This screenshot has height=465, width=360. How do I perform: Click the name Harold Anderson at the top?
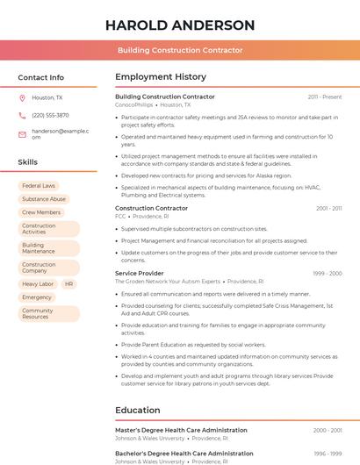click(x=180, y=25)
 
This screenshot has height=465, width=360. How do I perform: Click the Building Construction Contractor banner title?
click(x=180, y=51)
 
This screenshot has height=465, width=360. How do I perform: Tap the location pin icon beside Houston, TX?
click(x=22, y=98)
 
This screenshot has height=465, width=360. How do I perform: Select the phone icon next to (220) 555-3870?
click(x=22, y=116)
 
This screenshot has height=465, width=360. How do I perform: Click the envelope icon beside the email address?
click(x=22, y=134)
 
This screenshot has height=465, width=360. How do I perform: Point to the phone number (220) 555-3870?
click(x=50, y=116)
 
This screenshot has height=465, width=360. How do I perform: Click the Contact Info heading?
click(x=41, y=77)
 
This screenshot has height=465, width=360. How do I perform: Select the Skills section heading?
click(x=28, y=162)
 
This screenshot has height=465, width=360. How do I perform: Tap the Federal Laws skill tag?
click(x=39, y=186)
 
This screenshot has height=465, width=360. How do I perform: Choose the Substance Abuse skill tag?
click(x=44, y=199)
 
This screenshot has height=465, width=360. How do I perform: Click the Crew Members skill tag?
click(x=41, y=212)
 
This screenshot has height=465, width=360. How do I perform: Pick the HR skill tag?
click(x=69, y=284)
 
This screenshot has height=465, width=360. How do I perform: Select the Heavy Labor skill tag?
click(x=38, y=284)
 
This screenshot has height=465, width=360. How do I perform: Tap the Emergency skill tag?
click(x=37, y=297)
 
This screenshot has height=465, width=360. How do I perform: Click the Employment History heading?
click(x=161, y=77)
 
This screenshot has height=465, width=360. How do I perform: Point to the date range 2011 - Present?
click(x=325, y=97)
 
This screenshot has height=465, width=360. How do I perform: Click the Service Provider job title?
click(x=140, y=273)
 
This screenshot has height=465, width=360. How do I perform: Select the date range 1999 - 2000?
click(x=327, y=274)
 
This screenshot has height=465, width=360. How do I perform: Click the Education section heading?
click(x=138, y=410)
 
